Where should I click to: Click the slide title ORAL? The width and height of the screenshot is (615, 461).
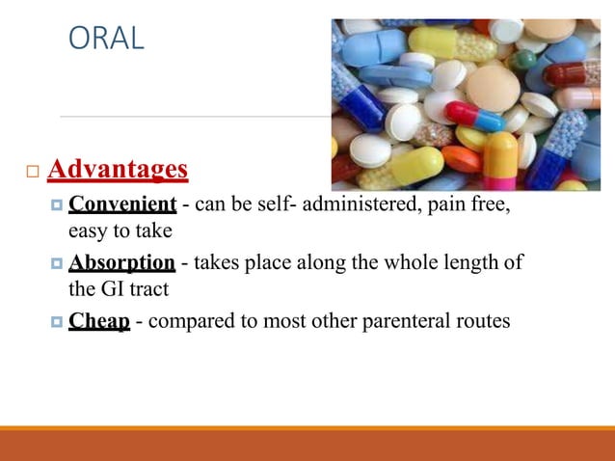[x=106, y=38]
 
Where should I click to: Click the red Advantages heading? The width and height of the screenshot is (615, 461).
[x=117, y=170]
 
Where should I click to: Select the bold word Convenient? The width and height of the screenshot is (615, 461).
[x=122, y=204]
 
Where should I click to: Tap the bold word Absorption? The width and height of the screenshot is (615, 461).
[x=121, y=263]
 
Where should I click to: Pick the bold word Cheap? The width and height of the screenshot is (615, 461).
[x=99, y=321]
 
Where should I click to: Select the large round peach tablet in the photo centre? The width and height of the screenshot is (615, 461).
[x=492, y=87]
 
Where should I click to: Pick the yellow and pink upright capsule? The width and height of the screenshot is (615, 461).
[x=499, y=159]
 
